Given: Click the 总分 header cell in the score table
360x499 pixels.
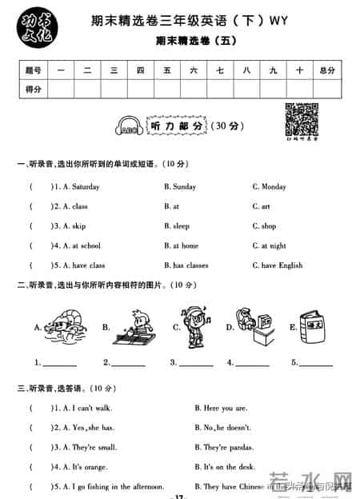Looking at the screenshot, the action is pyautogui.click(x=326, y=70).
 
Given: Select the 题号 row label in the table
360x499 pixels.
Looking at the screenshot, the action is pyautogui.click(x=33, y=70).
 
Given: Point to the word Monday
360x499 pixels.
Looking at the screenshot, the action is pyautogui.click(x=274, y=187).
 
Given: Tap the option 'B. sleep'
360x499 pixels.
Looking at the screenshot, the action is pyautogui.click(x=177, y=226).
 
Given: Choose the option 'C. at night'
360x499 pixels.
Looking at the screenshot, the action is pyautogui.click(x=269, y=246).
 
